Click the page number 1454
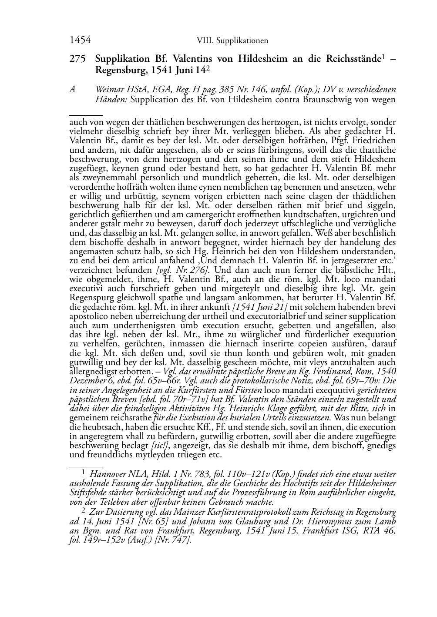coord(80,40)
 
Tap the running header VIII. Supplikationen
coord(232,41)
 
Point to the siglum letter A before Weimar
coord(73,90)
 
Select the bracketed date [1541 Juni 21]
coord(260,307)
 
